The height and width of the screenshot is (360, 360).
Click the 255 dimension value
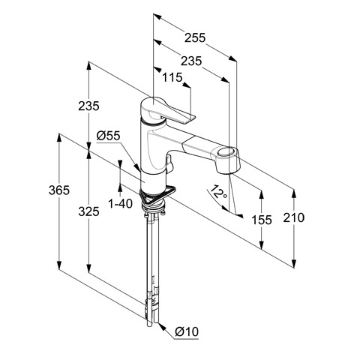[195, 37]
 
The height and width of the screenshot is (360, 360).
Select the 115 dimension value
[172, 77]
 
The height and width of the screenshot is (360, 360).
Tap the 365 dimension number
[59, 190]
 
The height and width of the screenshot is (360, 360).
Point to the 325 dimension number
[88, 211]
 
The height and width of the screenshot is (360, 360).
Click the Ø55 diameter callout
[109, 136]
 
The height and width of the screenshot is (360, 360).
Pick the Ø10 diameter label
[187, 331]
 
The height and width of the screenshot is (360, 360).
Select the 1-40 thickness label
[120, 204]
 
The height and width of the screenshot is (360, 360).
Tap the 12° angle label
[218, 193]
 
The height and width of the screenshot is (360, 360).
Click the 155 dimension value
[262, 220]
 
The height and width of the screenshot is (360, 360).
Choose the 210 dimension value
[294, 217]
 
